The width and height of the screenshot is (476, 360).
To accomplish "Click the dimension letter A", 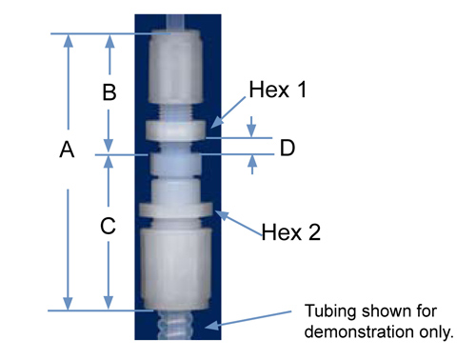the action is coord(67,150).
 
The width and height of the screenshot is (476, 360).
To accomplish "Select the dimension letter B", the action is coord(109,92).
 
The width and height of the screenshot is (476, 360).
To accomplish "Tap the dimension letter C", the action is coord(108,226).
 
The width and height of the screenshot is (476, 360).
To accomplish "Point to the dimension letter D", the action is coord(288,148).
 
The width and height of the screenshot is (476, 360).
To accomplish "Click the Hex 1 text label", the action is coord(278,90).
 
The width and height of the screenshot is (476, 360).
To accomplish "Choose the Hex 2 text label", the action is coord(291,232).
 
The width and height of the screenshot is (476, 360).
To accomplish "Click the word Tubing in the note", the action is coord(330,311).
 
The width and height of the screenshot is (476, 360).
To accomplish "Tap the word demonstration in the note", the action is coord(360,331).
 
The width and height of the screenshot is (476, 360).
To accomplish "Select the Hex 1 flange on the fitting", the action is coord(175,130).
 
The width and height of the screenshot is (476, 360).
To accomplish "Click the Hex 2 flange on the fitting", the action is coord(176,210).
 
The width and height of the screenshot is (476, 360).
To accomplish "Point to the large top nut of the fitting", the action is coord(175,67).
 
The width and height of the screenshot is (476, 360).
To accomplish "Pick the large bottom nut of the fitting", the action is coord(175,269).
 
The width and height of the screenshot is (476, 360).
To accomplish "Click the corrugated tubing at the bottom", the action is coord(175,325).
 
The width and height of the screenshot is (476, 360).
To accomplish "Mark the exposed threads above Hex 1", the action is coord(175,112).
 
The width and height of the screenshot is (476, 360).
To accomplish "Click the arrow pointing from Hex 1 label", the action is coord(228,112).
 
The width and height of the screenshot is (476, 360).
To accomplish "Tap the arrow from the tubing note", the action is coord(248,320).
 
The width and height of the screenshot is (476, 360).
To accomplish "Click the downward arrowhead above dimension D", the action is coord(251,127).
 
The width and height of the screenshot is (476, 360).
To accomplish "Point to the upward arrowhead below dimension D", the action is coord(252,165).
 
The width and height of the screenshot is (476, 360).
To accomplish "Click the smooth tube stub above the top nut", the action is coord(175,22).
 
